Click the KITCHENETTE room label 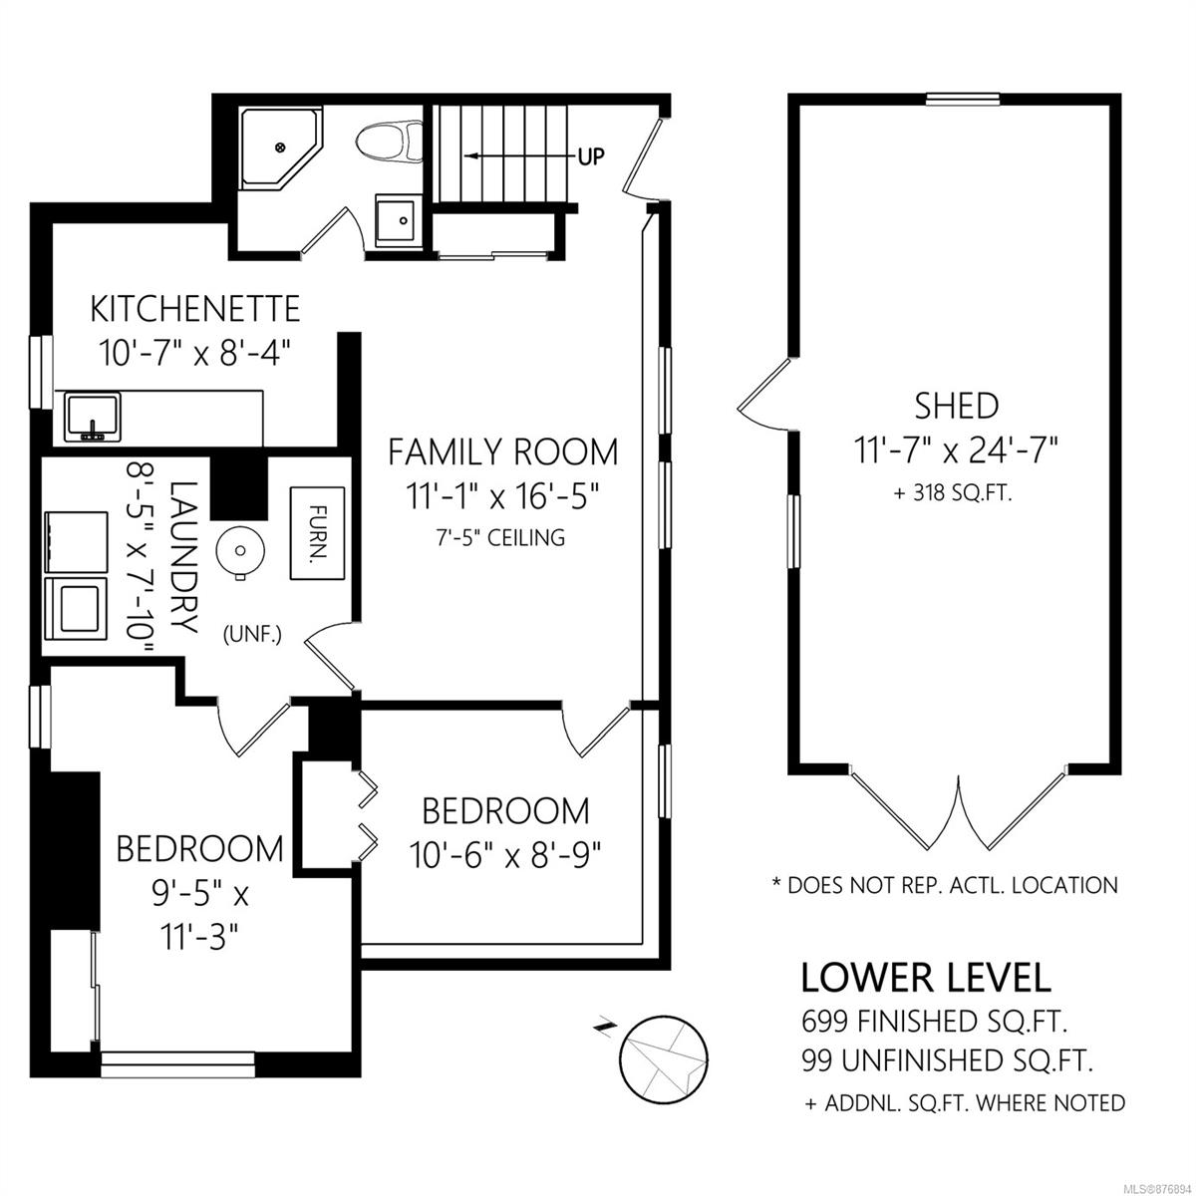coord(195,309)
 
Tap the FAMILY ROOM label coord(502,451)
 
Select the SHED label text coord(957,407)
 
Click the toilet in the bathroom coord(390,142)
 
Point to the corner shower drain coord(280,148)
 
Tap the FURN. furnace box coord(317,533)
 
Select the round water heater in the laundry coord(240,550)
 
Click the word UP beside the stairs coord(591,155)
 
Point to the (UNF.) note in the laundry coord(252,635)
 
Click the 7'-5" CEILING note coord(501,537)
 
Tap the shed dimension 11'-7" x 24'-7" coord(957,449)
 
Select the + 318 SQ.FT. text coord(953,492)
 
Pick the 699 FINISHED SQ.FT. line coord(934,1021)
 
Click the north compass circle coord(664,1058)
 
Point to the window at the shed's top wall coord(963,100)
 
